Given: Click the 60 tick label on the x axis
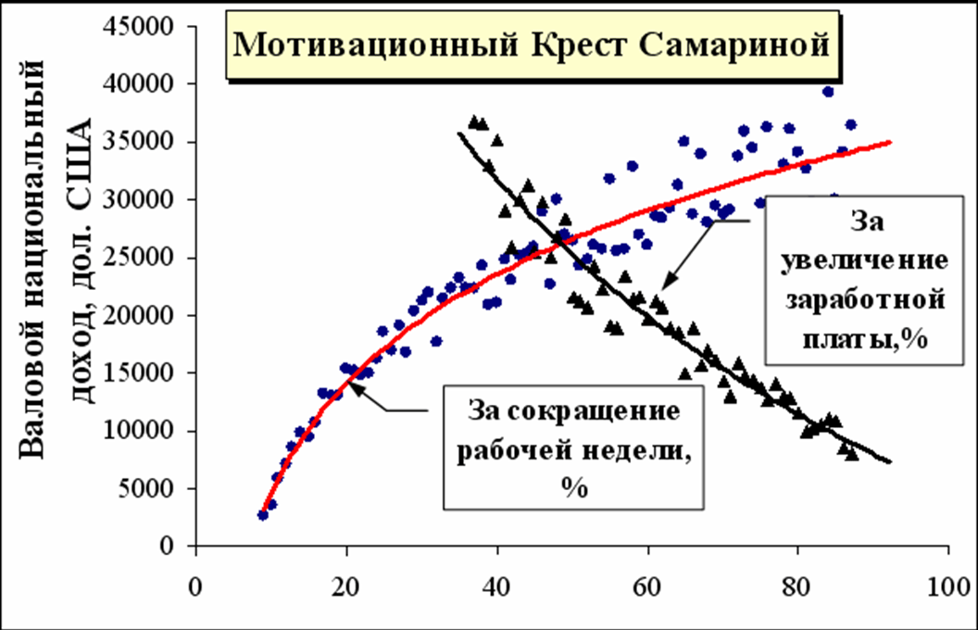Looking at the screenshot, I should point(647,586).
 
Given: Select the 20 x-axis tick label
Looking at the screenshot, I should point(346,586).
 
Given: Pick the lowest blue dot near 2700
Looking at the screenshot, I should point(263,515).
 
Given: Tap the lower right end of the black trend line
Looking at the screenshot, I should point(889,461).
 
